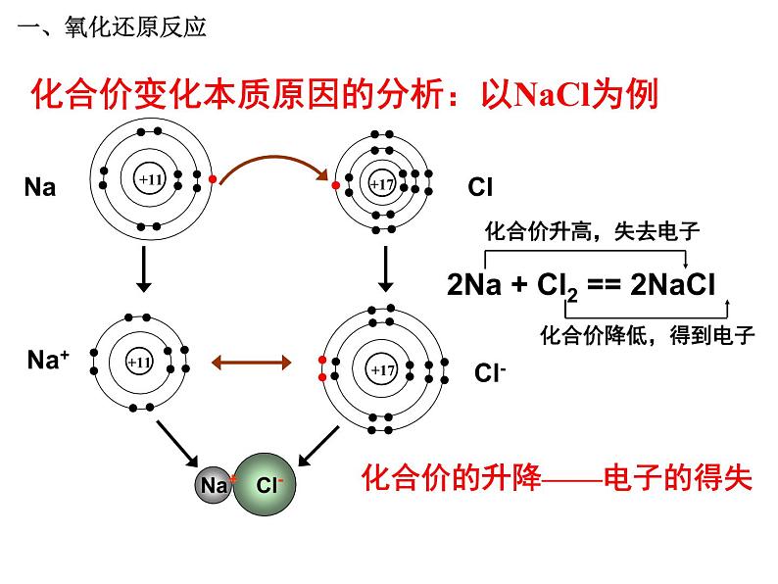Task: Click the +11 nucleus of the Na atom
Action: (x=150, y=179)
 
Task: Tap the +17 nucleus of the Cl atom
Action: (x=382, y=184)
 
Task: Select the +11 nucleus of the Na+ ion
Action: (x=139, y=363)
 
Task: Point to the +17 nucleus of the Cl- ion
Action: (x=382, y=369)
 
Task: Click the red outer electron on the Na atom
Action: (x=213, y=179)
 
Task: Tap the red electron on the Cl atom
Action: (x=336, y=185)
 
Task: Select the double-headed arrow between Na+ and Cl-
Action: (x=251, y=363)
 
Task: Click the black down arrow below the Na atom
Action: (x=144, y=269)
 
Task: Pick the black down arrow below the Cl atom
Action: (x=385, y=269)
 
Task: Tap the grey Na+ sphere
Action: (x=214, y=485)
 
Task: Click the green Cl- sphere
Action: (x=265, y=484)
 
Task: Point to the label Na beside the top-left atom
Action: (x=40, y=187)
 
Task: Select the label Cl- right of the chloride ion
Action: (x=490, y=372)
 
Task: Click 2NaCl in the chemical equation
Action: (x=672, y=285)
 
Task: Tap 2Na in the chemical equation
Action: (x=474, y=285)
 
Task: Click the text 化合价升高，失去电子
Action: (x=593, y=231)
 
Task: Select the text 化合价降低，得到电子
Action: (x=648, y=335)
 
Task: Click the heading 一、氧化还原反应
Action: (x=112, y=26)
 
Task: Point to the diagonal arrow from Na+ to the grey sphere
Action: (x=177, y=444)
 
